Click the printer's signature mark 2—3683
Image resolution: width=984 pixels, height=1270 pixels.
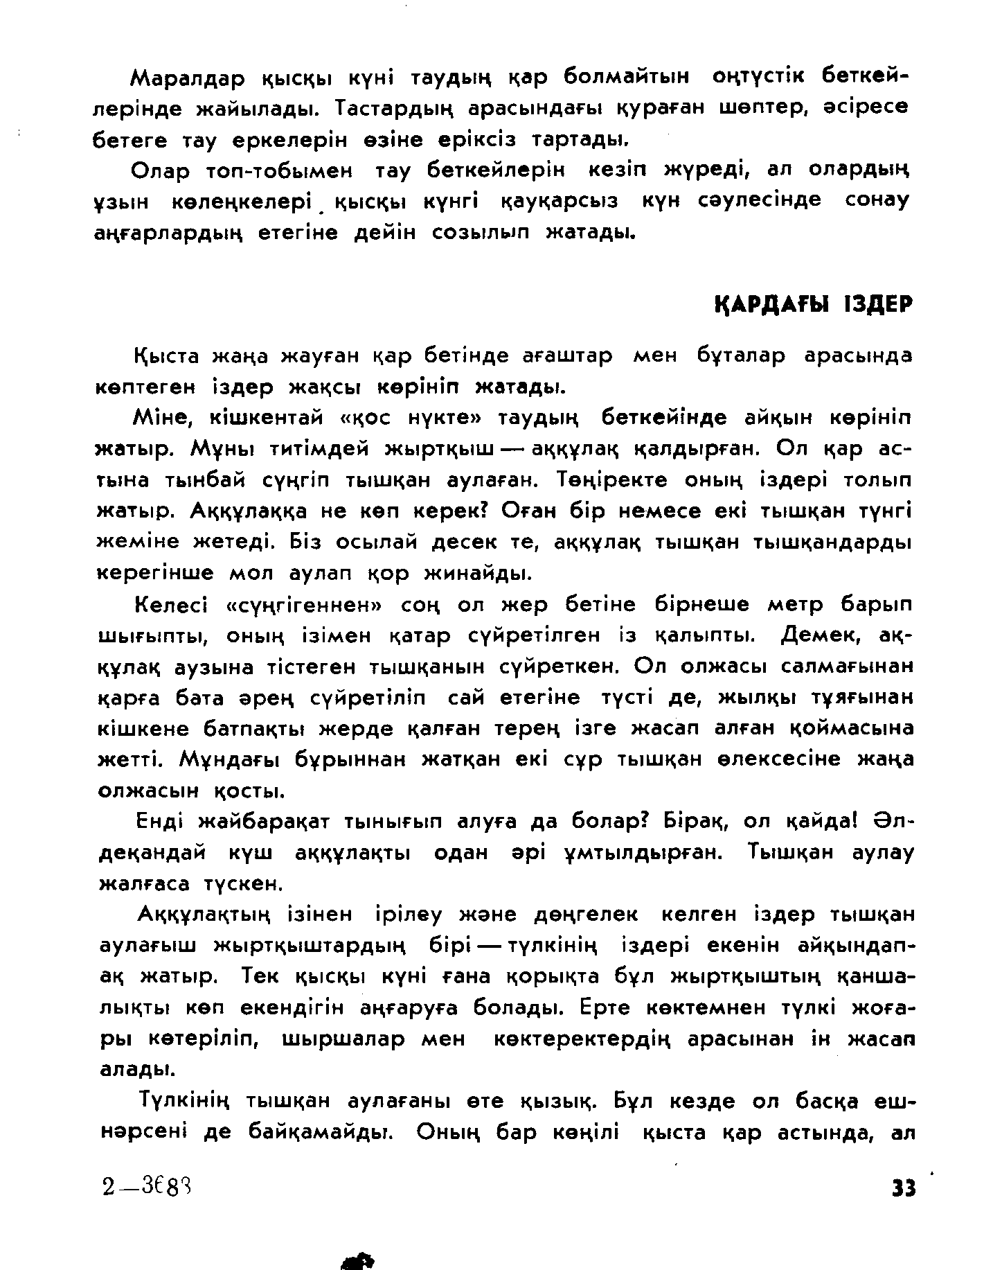[145, 1187]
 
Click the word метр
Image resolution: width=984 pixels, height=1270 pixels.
[795, 606]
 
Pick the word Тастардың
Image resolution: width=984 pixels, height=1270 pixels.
[393, 109]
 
